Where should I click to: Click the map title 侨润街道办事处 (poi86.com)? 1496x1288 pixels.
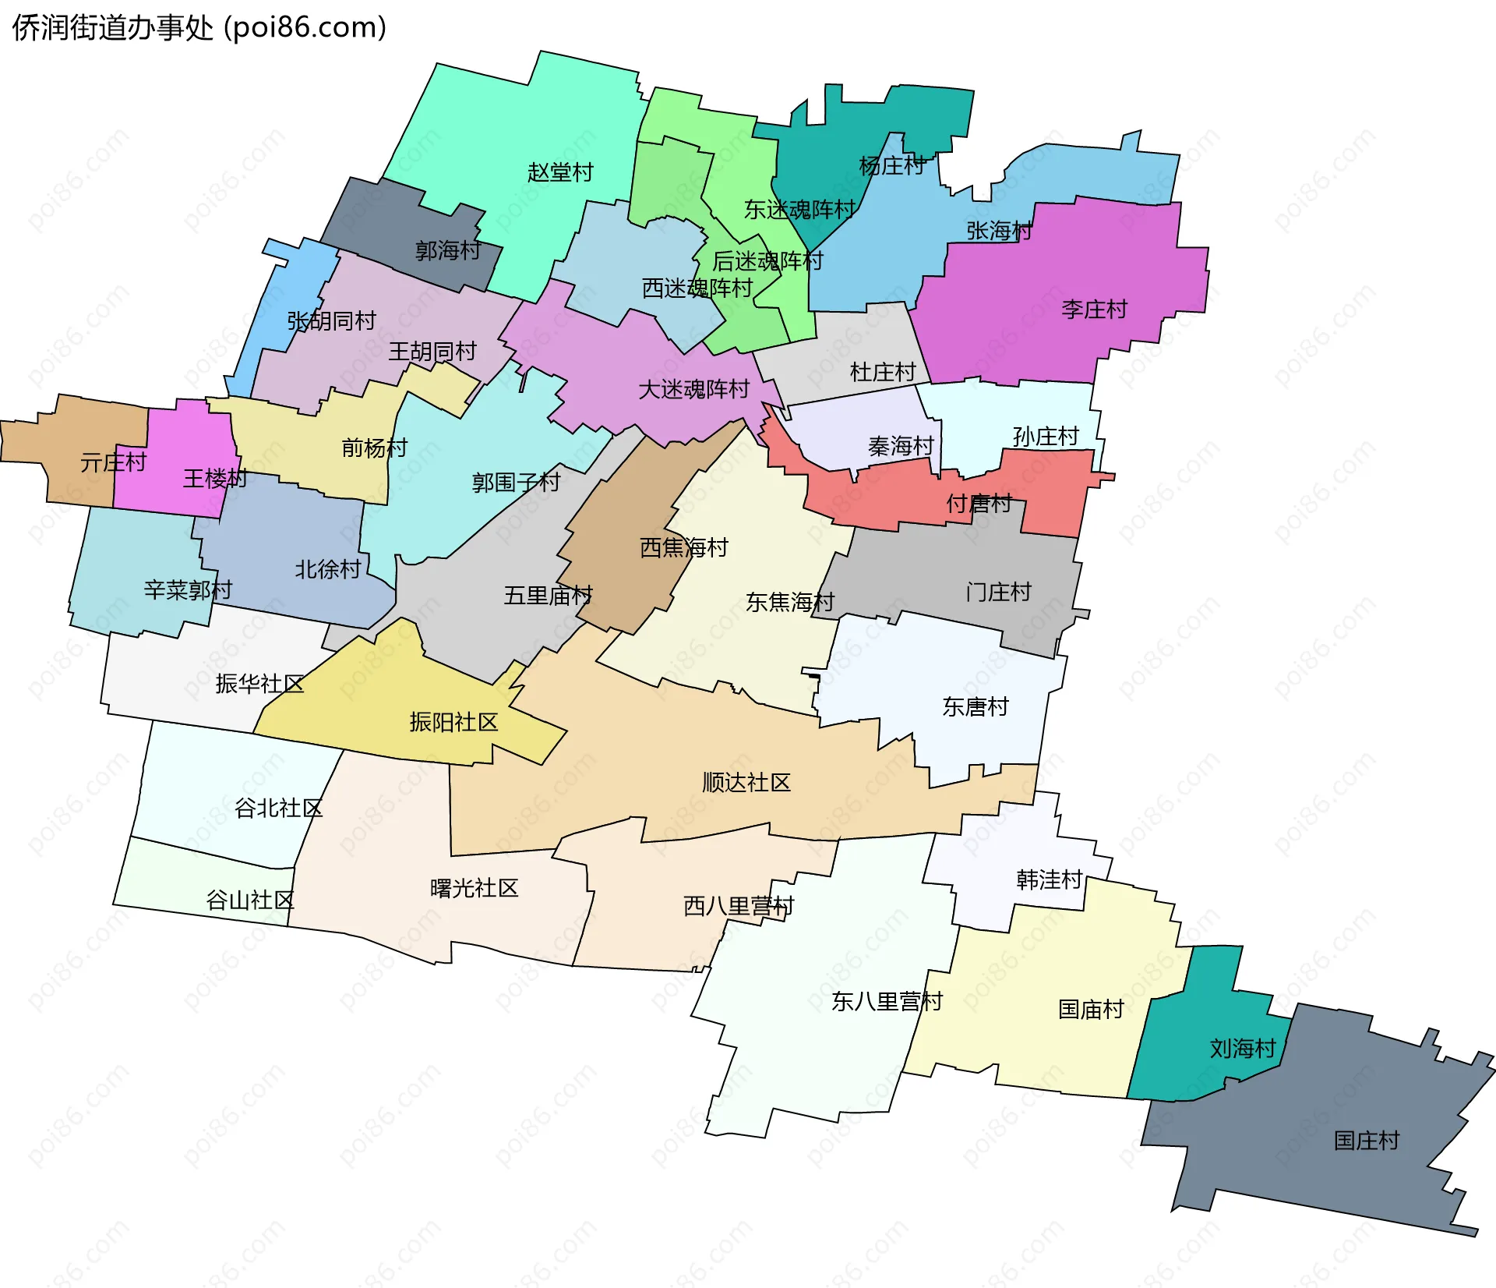[x=199, y=28]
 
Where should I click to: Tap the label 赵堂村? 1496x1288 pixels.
[x=560, y=172]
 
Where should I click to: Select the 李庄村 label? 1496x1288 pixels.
[x=1094, y=310]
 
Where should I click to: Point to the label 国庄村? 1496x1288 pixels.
[x=1367, y=1141]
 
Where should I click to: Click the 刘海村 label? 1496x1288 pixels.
[x=1242, y=1048]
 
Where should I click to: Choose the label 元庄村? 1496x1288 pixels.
[x=113, y=462]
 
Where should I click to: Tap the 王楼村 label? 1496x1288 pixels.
[x=214, y=478]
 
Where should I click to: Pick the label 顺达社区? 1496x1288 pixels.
[x=746, y=782]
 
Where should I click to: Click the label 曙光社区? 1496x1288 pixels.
[x=474, y=888]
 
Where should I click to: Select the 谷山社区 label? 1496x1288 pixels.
[x=249, y=901]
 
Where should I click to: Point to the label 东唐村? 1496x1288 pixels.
[x=976, y=706]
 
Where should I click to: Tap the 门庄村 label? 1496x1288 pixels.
[x=998, y=592]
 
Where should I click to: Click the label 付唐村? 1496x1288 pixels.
[x=979, y=503]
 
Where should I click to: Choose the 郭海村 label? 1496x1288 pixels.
[x=448, y=250]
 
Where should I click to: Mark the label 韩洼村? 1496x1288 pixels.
[x=1049, y=879]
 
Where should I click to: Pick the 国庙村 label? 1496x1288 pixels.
[x=1091, y=1009]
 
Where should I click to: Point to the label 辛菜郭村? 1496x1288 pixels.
[x=188, y=589]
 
